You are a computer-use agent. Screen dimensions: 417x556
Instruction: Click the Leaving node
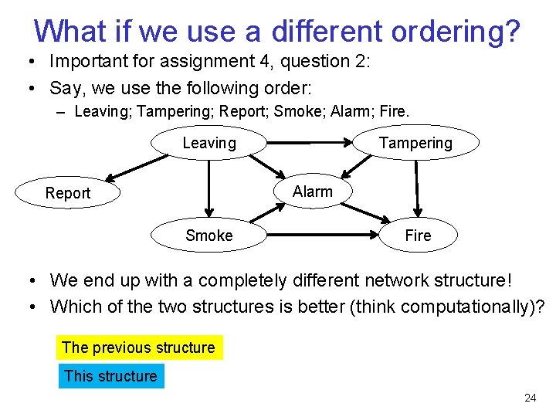coord(209,143)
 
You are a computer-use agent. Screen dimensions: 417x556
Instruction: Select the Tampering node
coord(415,143)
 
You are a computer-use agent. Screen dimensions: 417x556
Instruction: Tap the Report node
coord(68,193)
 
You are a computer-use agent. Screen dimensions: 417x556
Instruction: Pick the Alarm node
coord(313,192)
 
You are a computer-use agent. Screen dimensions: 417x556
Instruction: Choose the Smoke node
coord(209,236)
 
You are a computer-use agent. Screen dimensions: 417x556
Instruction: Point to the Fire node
coord(418,236)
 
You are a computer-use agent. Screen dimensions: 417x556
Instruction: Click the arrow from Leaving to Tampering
coord(309,143)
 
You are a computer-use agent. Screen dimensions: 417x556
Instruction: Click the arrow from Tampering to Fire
coord(417,187)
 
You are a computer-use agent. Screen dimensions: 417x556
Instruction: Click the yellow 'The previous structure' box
coord(139,347)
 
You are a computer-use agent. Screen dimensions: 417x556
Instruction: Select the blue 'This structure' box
coord(111,376)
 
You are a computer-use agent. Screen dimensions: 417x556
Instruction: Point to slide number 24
coord(530,398)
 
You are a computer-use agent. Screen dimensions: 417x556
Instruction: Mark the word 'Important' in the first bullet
coord(85,61)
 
